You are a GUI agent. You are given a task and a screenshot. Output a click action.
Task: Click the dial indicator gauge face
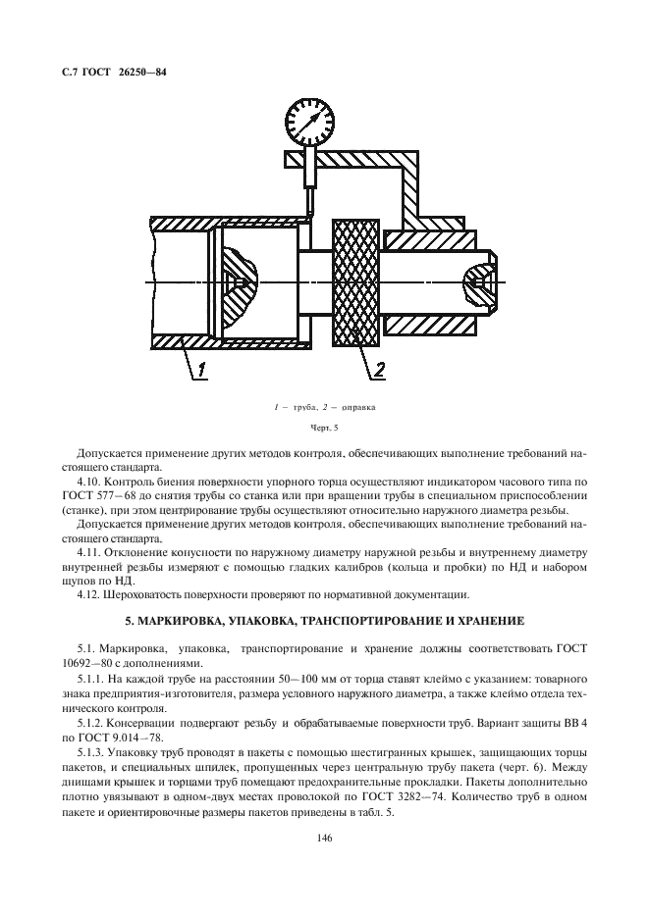[x=313, y=120]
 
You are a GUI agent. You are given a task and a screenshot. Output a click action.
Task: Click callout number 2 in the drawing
[x=378, y=369]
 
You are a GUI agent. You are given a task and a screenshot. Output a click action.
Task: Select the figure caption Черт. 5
[x=323, y=427]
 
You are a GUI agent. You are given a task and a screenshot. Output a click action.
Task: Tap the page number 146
[x=323, y=837]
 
